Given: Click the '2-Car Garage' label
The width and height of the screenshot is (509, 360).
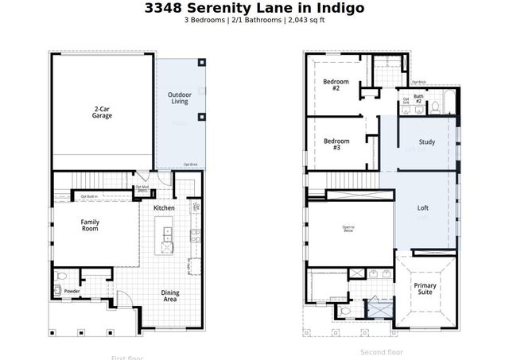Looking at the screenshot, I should tap(102, 112).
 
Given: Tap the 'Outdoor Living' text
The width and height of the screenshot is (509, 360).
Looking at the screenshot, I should tap(179, 99).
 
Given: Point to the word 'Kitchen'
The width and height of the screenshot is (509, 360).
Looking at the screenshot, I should tap(165, 207).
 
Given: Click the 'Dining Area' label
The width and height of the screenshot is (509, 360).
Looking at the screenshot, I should tap(169, 296).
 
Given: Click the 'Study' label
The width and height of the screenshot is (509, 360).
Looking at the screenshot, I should tap(427, 143).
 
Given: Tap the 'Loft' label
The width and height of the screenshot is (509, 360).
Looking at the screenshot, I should tap(423, 208).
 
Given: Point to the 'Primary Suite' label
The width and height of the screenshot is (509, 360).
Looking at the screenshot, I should tap(426, 289).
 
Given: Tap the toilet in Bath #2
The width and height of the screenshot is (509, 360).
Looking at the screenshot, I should tap(436, 105).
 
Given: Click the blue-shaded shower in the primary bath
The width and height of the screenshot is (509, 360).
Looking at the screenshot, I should tap(372, 306).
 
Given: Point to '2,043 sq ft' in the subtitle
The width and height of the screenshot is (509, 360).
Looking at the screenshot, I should tap(306, 20).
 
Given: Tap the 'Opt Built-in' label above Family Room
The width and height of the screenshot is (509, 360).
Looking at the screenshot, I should tap(88, 195).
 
